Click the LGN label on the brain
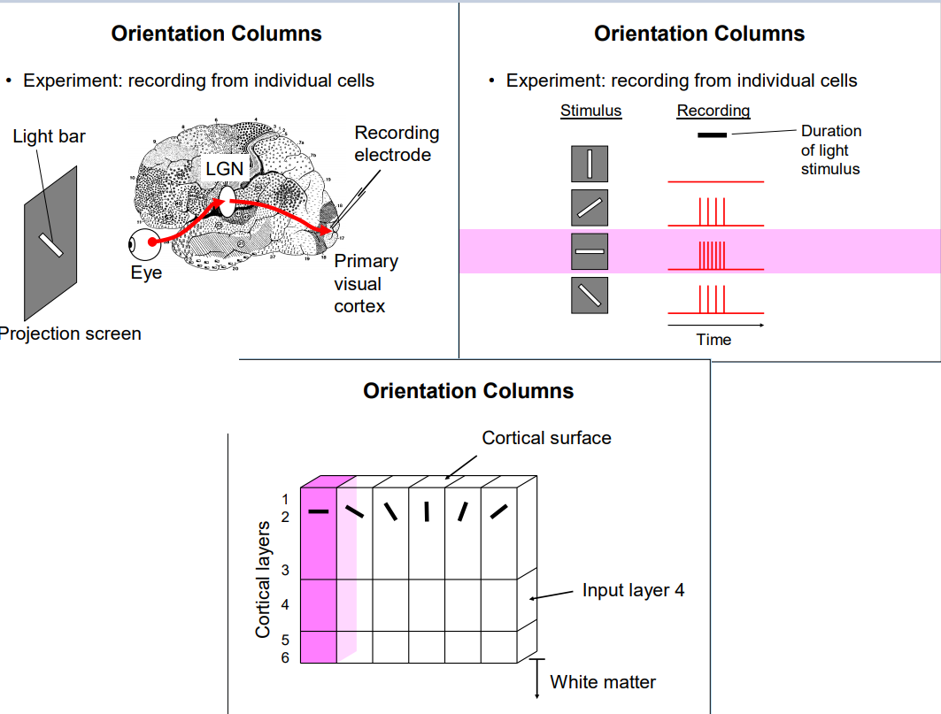pos(225,169)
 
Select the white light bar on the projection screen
pos(51,245)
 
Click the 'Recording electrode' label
pos(397,143)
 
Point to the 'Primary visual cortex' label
pos(366,283)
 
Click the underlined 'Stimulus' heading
pos(590,111)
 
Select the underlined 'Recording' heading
pos(713,111)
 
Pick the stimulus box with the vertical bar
pos(590,164)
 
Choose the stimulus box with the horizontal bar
pos(590,251)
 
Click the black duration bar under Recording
pos(712,135)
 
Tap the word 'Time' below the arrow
pos(713,340)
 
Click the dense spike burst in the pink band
pos(712,256)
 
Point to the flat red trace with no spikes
pos(715,181)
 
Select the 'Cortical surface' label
pos(546,438)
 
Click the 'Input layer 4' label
pos(633,590)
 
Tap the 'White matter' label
pos(603,682)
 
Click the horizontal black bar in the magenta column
pos(318,511)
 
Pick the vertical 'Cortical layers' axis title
pos(262,579)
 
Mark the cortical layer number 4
pos(285,605)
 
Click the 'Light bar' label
pos(50,137)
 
